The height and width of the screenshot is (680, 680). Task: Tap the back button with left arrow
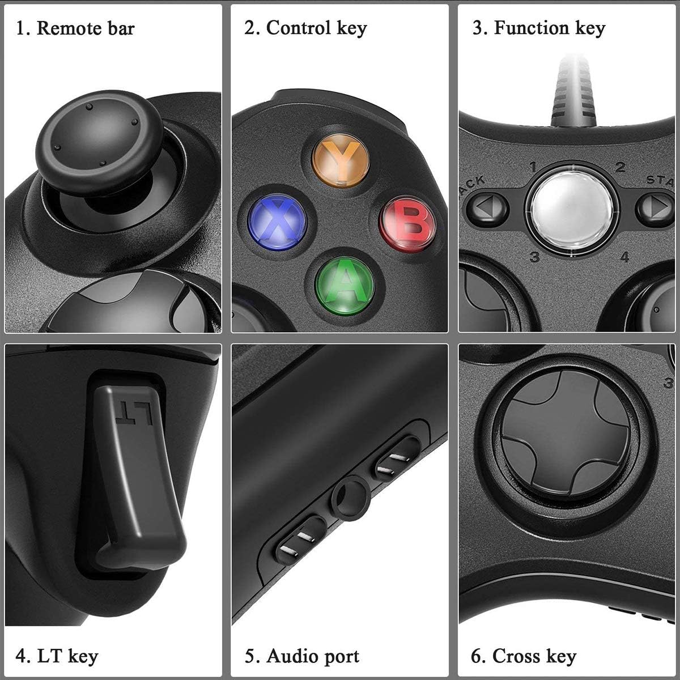pos(487,208)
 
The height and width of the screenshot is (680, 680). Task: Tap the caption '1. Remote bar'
pos(75,28)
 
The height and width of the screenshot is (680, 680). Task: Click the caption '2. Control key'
pos(305,28)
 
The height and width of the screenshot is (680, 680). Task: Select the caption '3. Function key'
pos(538,28)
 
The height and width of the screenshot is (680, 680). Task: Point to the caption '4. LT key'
pos(57,656)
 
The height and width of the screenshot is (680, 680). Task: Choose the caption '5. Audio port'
pos(302,656)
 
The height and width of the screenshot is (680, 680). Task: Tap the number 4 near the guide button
pos(624,257)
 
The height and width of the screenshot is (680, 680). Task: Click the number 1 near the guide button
pos(533,167)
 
